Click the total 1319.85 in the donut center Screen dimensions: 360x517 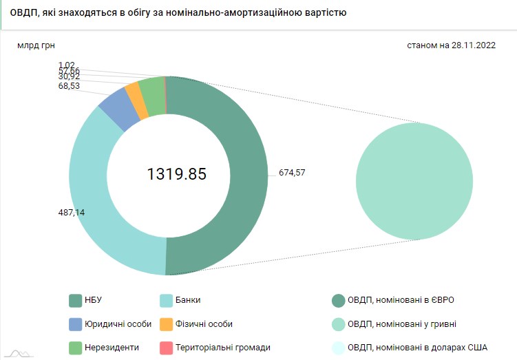(177, 174)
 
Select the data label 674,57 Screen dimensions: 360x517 (291, 172)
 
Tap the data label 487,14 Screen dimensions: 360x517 (72, 213)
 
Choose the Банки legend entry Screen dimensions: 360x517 (180, 300)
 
